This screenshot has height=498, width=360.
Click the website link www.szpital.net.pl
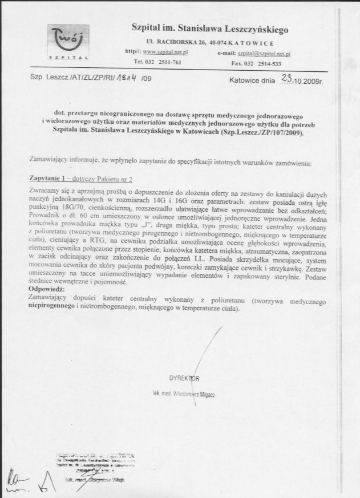(169, 52)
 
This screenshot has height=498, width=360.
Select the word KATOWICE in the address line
(254, 43)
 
